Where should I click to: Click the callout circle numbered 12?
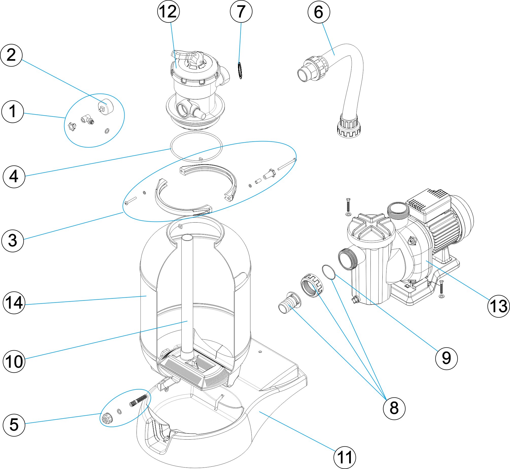pyautogui.click(x=168, y=12)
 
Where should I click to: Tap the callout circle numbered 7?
pyautogui.click(x=241, y=12)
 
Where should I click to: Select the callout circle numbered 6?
pyautogui.click(x=319, y=12)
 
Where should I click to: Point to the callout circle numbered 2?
pyautogui.click(x=11, y=55)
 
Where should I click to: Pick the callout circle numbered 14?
pyautogui.click(x=14, y=303)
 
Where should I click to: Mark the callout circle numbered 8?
pyautogui.click(x=394, y=408)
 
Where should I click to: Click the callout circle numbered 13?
pyautogui.click(x=498, y=306)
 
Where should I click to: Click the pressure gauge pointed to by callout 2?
pyautogui.click(x=106, y=107)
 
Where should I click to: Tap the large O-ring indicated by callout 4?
pyautogui.click(x=196, y=146)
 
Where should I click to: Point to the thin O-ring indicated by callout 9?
pyautogui.click(x=329, y=272)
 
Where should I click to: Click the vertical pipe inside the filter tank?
pyautogui.click(x=187, y=292)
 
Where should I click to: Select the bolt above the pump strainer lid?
pyautogui.click(x=348, y=206)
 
